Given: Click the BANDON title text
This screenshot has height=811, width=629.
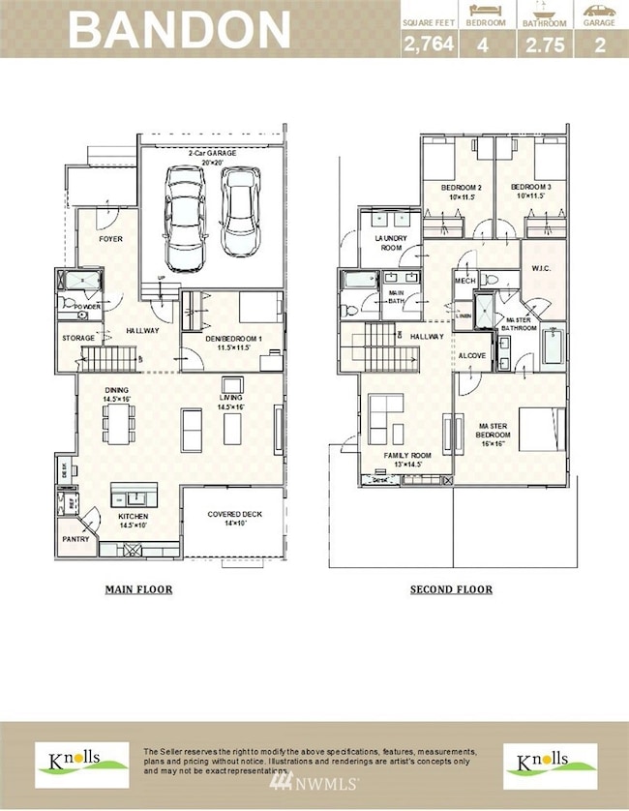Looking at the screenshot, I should point(180,29).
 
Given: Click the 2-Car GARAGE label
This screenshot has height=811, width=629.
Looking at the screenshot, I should point(212,154).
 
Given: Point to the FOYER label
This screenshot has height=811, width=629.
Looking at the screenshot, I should point(110,238).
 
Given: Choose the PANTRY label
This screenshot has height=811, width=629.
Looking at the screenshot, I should point(75,539).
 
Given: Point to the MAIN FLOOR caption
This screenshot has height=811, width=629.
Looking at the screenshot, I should point(137,588).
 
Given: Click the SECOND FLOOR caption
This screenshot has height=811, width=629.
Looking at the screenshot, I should point(451,589).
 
